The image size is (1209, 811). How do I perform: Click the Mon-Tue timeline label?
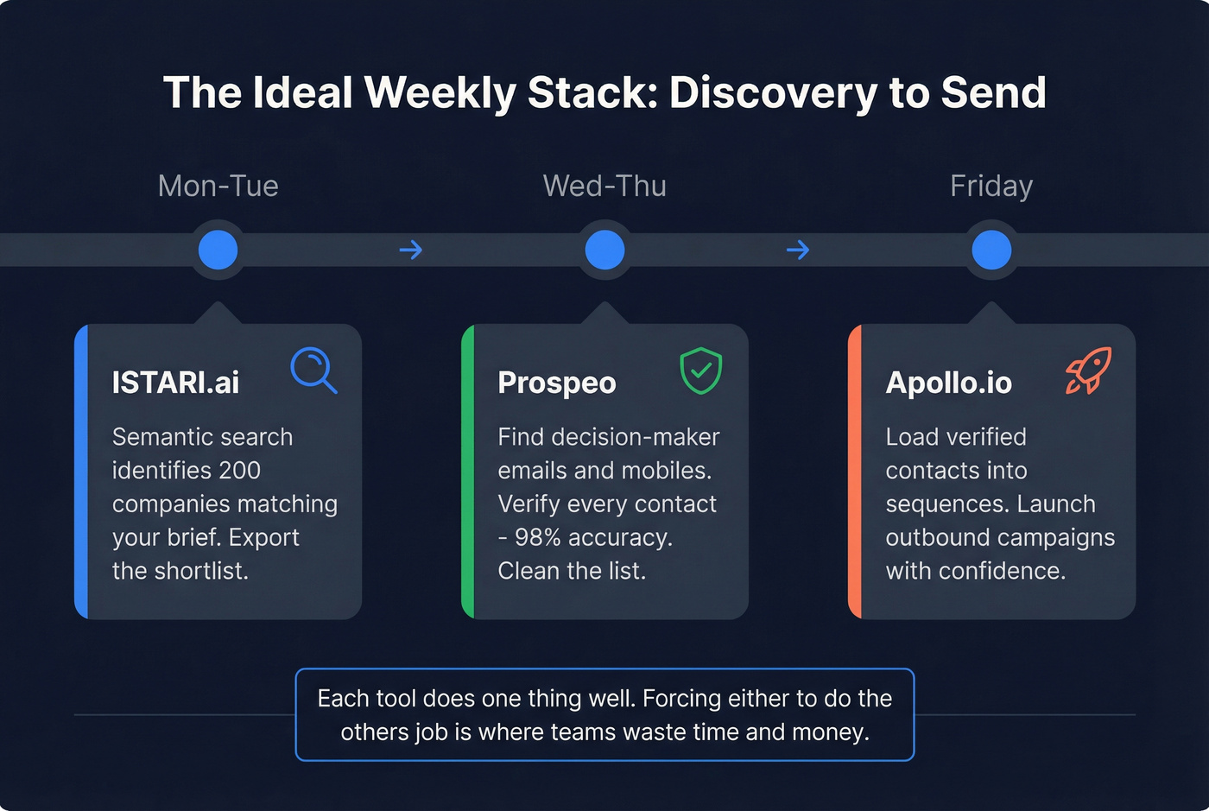pyautogui.click(x=218, y=186)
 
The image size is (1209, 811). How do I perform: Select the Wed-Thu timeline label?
pyautogui.click(x=604, y=186)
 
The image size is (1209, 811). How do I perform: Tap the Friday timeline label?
pyautogui.click(x=991, y=186)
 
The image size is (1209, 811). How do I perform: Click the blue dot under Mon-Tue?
pyautogui.click(x=218, y=250)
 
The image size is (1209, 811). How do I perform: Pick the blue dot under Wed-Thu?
pyautogui.click(x=604, y=250)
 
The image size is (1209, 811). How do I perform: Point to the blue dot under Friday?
pyautogui.click(x=991, y=250)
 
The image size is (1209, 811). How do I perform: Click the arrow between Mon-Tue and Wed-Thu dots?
pyautogui.click(x=411, y=250)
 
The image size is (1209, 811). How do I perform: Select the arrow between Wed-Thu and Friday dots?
pyautogui.click(x=798, y=250)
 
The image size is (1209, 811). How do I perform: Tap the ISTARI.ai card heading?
pyautogui.click(x=175, y=383)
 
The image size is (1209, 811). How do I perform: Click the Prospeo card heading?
pyautogui.click(x=557, y=383)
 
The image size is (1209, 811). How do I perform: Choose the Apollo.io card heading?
pyautogui.click(x=948, y=383)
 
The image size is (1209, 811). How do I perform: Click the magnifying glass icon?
pyautogui.click(x=313, y=371)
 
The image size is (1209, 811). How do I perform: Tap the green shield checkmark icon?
pyautogui.click(x=700, y=371)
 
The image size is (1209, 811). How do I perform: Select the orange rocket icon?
pyautogui.click(x=1088, y=371)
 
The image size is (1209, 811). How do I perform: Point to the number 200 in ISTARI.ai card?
pyautogui.click(x=240, y=471)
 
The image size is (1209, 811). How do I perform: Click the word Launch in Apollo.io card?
pyautogui.click(x=1056, y=504)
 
